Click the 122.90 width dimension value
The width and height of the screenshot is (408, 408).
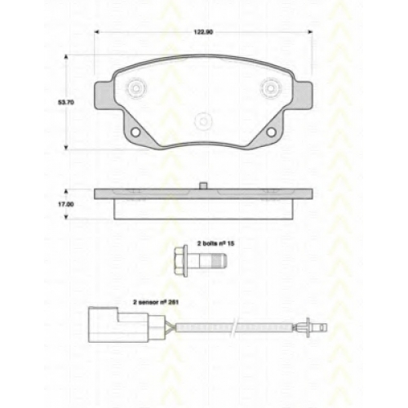tap(203, 32)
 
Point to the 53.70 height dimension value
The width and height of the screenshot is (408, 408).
tap(66, 103)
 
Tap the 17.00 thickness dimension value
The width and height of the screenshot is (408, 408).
tap(66, 204)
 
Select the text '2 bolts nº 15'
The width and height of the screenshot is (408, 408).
tap(215, 243)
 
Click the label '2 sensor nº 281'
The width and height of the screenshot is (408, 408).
tap(156, 302)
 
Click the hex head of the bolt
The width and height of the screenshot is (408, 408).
tap(180, 261)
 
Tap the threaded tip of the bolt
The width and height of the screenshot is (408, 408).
tap(220, 260)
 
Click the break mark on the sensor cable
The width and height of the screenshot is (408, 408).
tap(234, 327)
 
